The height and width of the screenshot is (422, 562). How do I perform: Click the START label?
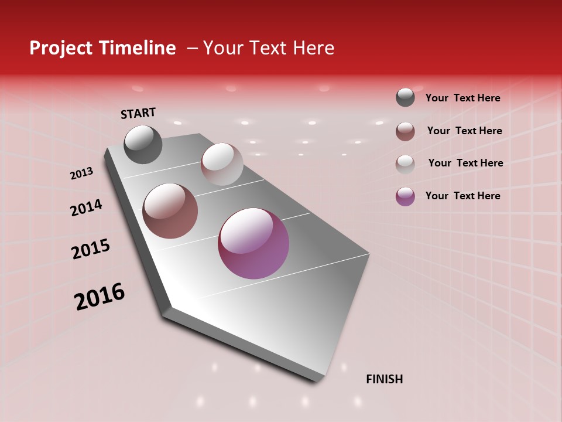pyautogui.click(x=138, y=113)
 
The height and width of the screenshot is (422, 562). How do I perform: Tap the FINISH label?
pyautogui.click(x=384, y=379)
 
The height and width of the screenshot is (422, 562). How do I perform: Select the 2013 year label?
pyautogui.click(x=82, y=173)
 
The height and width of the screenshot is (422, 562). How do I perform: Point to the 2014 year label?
pyautogui.click(x=87, y=208)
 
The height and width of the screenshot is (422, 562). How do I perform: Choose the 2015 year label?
pyautogui.click(x=91, y=249)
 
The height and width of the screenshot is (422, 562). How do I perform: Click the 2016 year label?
pyautogui.click(x=100, y=297)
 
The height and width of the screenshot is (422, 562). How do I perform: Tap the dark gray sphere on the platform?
pyautogui.click(x=143, y=144)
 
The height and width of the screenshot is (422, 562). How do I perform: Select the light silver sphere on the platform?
pyautogui.click(x=222, y=164)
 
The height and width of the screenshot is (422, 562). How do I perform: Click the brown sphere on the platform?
pyautogui.click(x=170, y=211)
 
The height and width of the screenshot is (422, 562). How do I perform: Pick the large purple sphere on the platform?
pyautogui.click(x=253, y=243)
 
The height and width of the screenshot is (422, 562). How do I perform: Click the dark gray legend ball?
pyautogui.click(x=405, y=97)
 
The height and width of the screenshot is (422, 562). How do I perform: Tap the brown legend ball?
pyautogui.click(x=405, y=131)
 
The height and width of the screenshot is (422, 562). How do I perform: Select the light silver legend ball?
pyautogui.click(x=405, y=164)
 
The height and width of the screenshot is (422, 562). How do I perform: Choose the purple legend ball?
pyautogui.click(x=405, y=196)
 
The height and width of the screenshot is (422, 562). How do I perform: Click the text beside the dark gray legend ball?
pyautogui.click(x=462, y=98)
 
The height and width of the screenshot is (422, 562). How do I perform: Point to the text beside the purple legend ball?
pyautogui.click(x=462, y=196)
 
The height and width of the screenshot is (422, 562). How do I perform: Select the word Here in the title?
pyautogui.click(x=313, y=48)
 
